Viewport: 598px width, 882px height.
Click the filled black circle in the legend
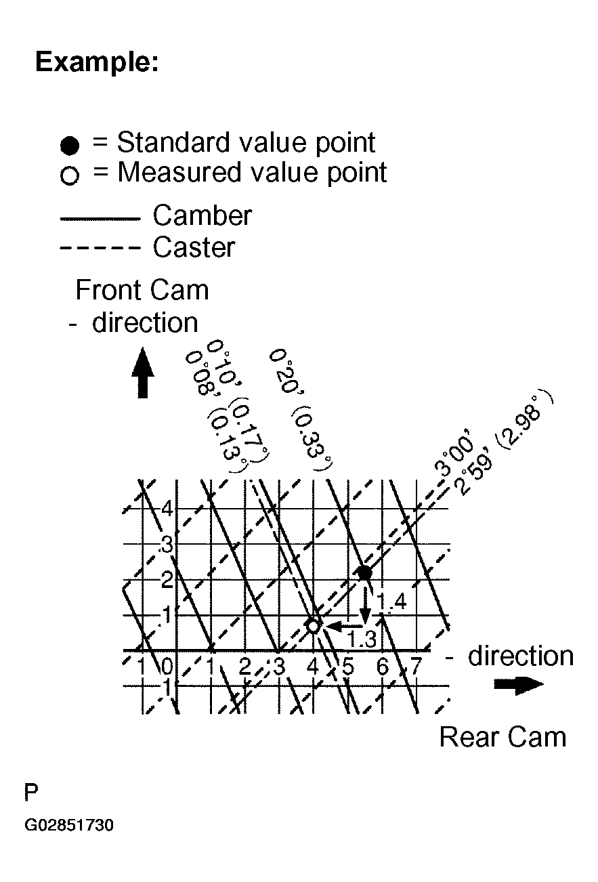point(70,145)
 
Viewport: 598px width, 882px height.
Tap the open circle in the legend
point(70,176)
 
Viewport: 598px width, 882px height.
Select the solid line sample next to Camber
point(100,218)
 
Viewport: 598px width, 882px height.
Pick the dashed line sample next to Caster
point(100,249)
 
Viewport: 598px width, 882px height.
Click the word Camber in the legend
point(202,216)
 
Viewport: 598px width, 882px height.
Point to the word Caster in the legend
point(194,247)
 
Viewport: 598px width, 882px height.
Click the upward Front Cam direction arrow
point(142,373)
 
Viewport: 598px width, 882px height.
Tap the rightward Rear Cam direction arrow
point(518,685)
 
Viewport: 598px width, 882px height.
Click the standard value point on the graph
point(364,572)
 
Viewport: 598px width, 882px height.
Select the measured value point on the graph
point(314,626)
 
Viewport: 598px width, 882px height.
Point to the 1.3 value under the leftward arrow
point(361,638)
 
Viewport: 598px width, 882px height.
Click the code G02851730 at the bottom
point(69,826)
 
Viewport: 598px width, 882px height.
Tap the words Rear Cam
point(503,737)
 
